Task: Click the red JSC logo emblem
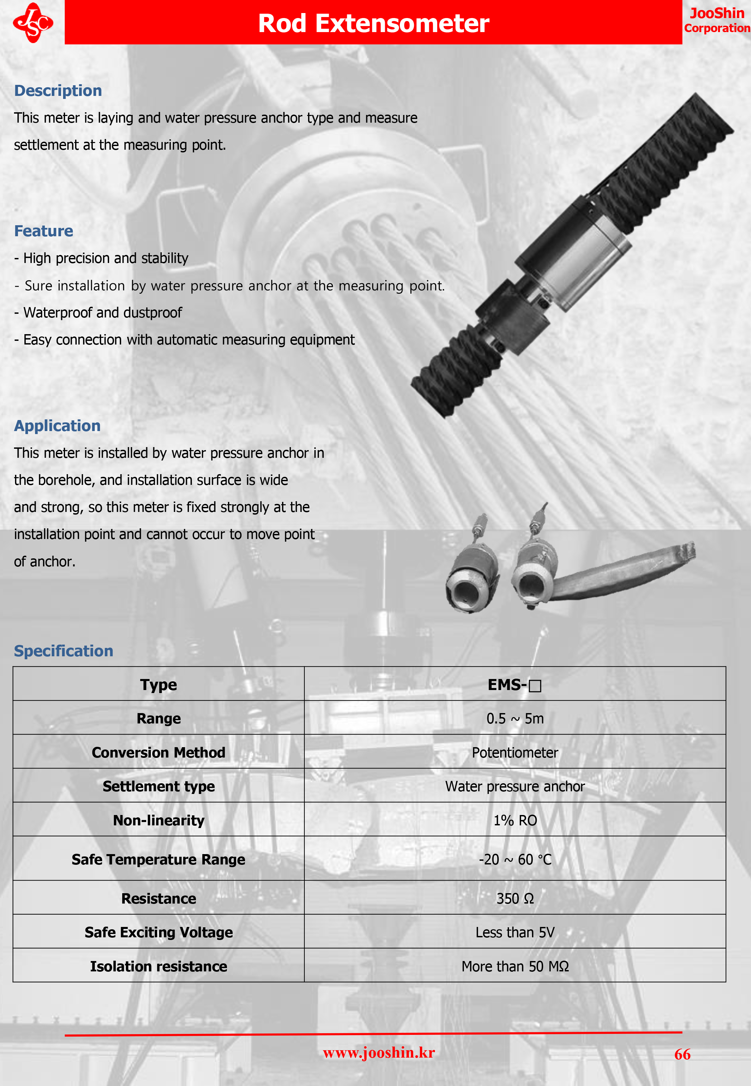(33, 23)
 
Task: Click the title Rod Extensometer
(373, 23)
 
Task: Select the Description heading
(58, 91)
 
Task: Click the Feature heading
(44, 231)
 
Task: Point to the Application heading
(57, 426)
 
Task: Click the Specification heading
(63, 651)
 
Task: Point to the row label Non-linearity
(159, 820)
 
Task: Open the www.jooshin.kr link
(379, 1053)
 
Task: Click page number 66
(682, 1054)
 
